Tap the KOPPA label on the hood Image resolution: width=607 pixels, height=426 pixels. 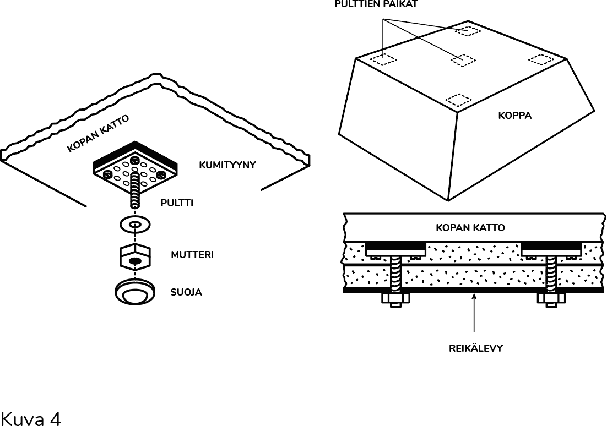pyautogui.click(x=514, y=116)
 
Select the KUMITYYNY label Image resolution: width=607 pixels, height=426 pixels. pyautogui.click(x=227, y=165)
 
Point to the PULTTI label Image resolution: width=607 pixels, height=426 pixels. pyautogui.click(x=177, y=203)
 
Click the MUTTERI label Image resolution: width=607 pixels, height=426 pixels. pyautogui.click(x=192, y=255)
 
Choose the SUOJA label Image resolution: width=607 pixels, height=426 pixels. pyautogui.click(x=186, y=292)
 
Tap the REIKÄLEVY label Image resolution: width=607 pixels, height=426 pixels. pyautogui.click(x=475, y=348)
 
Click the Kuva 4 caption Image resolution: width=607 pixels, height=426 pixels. pyautogui.click(x=31, y=418)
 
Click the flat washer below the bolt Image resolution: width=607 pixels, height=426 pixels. pyautogui.click(x=135, y=225)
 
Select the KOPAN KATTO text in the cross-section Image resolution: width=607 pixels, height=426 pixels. pyautogui.click(x=470, y=227)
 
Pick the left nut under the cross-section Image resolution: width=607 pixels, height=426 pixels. pyautogui.click(x=395, y=300)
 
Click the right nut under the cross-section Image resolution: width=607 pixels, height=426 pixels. pyautogui.click(x=551, y=300)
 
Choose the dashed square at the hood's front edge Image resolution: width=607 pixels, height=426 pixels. pyautogui.click(x=458, y=100)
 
